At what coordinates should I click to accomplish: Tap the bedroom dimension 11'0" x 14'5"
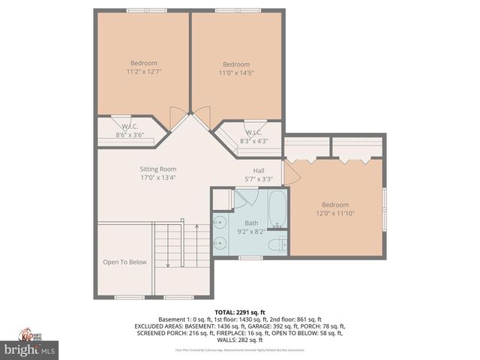click(x=236, y=73)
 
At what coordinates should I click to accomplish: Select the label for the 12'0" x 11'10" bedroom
click(x=335, y=205)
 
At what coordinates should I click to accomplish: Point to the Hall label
click(x=258, y=170)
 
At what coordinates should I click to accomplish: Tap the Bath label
click(x=251, y=223)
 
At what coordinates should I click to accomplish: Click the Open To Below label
click(x=124, y=262)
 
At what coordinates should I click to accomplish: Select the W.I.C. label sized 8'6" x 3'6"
click(x=129, y=127)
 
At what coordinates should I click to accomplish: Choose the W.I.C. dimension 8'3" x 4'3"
click(x=253, y=141)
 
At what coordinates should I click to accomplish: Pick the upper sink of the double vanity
click(x=220, y=223)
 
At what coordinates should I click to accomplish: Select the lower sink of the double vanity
click(x=220, y=243)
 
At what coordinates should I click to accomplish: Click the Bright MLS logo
click(x=30, y=349)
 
